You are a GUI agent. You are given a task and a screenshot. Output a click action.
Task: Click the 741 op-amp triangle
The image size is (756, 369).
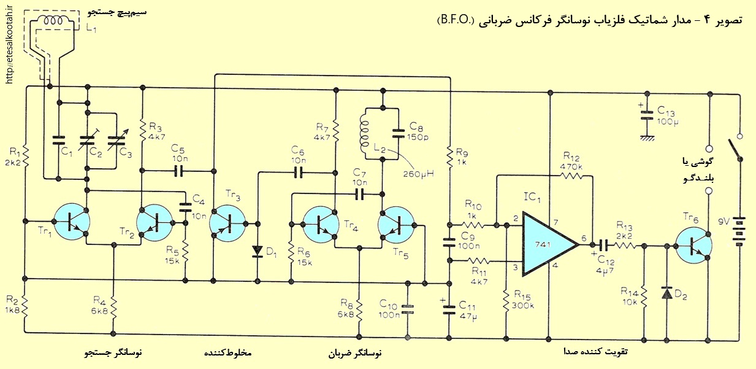point(547,244)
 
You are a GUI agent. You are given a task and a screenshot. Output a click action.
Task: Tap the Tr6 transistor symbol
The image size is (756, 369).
point(693,246)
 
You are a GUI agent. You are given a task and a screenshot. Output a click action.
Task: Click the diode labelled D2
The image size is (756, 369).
point(666,293)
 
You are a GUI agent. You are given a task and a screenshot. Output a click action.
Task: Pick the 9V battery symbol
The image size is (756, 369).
point(738,231)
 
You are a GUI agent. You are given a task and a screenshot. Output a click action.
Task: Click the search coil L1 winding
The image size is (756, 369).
point(54,21)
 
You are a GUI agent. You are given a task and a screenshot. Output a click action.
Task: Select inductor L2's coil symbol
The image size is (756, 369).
point(365,134)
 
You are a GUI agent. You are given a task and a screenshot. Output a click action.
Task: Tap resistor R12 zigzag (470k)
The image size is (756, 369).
point(571,176)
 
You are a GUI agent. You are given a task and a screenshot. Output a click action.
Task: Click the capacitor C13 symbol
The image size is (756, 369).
point(647,115)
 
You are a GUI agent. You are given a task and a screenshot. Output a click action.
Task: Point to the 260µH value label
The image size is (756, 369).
point(418,174)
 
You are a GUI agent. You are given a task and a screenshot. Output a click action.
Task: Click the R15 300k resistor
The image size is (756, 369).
point(506,301)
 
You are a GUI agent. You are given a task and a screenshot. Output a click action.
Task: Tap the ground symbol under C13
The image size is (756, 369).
point(647,138)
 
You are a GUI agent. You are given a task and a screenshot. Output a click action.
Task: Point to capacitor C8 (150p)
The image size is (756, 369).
point(399,133)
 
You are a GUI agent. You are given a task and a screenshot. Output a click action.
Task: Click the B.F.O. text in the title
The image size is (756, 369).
point(456,20)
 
